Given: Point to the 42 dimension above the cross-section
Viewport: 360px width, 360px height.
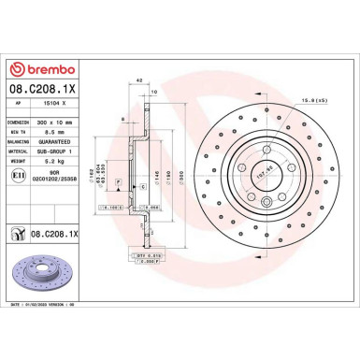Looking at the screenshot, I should coord(138,82).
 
